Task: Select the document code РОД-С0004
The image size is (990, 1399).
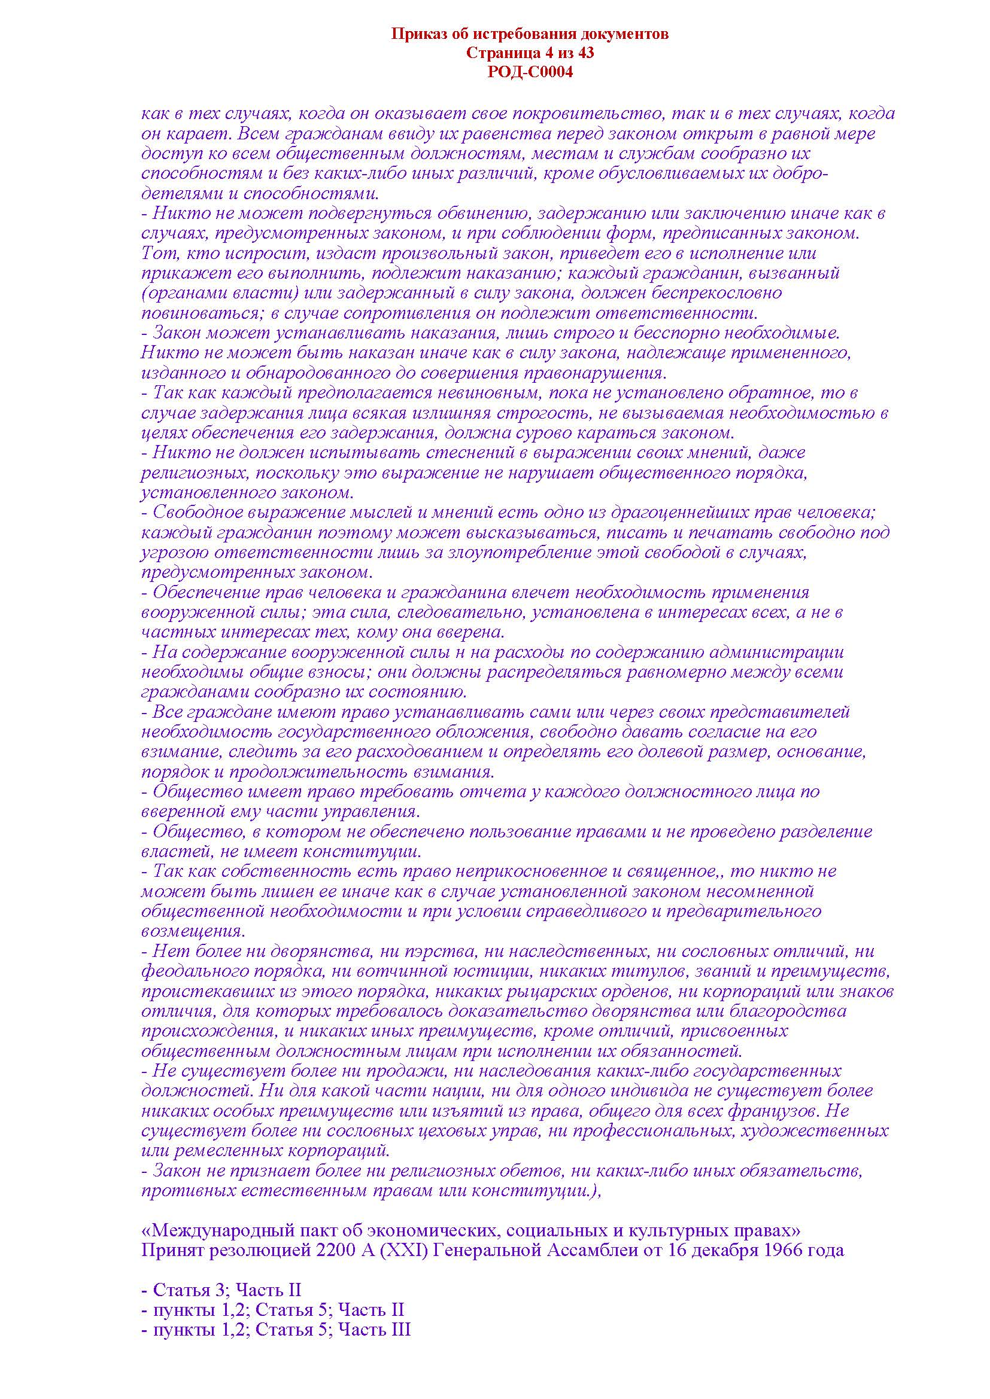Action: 530,72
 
